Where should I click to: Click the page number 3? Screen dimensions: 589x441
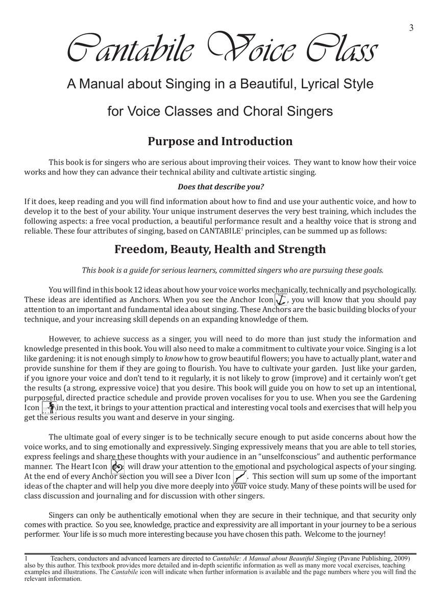[x=411, y=28]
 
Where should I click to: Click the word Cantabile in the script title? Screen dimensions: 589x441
[x=130, y=50]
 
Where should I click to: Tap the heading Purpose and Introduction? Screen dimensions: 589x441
[x=220, y=141]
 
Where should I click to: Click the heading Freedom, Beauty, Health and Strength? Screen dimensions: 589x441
[x=220, y=250]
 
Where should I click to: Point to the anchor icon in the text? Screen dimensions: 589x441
[x=280, y=300]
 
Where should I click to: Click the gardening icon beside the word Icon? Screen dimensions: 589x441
[x=49, y=407]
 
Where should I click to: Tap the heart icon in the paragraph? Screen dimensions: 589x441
[x=117, y=466]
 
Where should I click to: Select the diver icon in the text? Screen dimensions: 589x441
[x=239, y=477]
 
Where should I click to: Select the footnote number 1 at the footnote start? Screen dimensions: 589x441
[x=26, y=559]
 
